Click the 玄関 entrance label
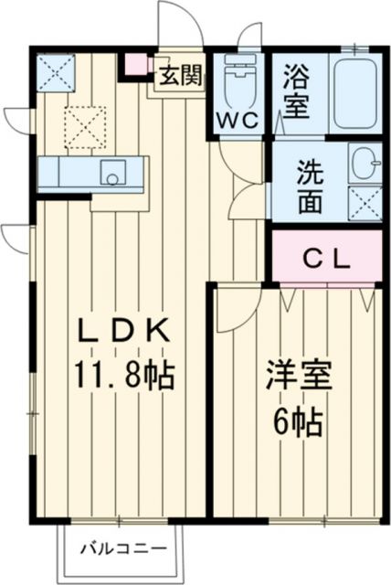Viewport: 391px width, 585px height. coord(180,75)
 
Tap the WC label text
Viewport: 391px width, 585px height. coord(238,119)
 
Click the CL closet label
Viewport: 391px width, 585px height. coord(326,259)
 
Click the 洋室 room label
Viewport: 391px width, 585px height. coord(298,378)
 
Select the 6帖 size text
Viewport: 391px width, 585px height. coord(298,422)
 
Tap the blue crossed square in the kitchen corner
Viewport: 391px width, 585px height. coord(55,73)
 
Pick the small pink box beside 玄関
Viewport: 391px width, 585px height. coord(135,65)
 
